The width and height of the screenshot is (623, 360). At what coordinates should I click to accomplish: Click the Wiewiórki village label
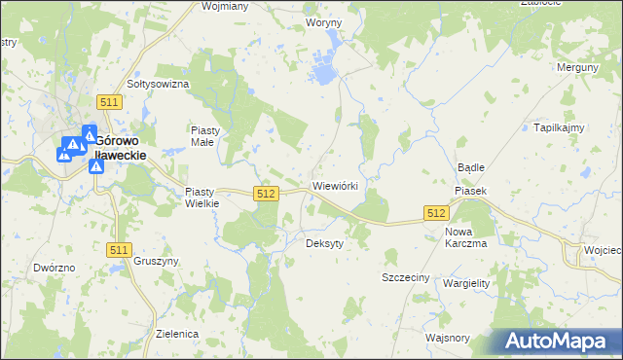coord(337,185)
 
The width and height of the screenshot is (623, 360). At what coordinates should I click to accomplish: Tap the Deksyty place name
coord(325,243)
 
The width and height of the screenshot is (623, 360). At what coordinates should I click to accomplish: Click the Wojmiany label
coord(225,5)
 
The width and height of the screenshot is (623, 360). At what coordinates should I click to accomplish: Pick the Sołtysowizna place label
coord(157,85)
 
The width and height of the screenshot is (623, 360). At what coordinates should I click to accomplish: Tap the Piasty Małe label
coord(206,135)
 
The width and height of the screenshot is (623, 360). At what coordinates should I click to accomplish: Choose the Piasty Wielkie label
coord(203,198)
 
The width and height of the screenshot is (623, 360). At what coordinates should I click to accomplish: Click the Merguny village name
coord(576,67)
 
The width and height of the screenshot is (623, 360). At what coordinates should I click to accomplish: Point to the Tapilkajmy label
coord(558,127)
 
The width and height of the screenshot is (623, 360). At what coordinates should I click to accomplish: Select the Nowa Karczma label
coord(465,237)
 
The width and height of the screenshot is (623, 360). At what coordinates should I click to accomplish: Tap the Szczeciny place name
coord(405,277)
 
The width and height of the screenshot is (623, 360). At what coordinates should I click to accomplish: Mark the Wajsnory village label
coord(447,339)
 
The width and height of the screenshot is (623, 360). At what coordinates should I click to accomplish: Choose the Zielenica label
coord(177,333)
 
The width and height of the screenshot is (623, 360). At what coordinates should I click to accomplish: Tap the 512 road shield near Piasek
coord(435,213)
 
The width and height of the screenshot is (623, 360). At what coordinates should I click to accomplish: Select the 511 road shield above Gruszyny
coord(119,250)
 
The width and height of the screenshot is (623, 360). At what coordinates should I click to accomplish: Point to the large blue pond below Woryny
coord(322,73)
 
